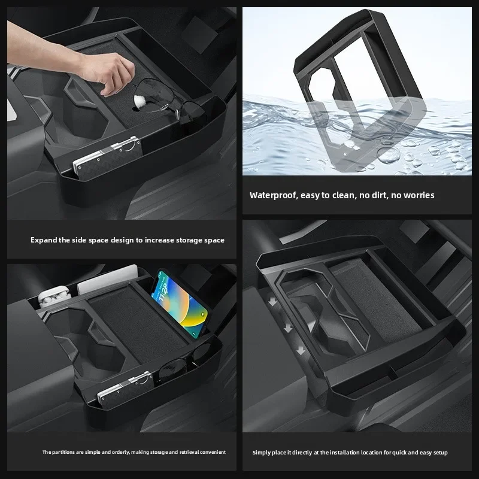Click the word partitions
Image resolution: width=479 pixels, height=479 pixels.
pyautogui.click(x=62, y=452)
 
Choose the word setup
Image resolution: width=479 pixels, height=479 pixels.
pyautogui.click(x=441, y=453)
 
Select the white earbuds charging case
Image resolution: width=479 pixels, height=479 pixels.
pyautogui.click(x=53, y=296)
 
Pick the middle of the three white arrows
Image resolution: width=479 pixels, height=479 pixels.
pyautogui.click(x=287, y=328)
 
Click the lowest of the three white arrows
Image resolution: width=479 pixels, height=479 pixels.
pyautogui.click(x=301, y=350)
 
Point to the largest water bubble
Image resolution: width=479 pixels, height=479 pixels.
pyautogui.click(x=388, y=155)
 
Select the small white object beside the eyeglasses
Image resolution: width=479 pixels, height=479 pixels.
pyautogui.click(x=140, y=99)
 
